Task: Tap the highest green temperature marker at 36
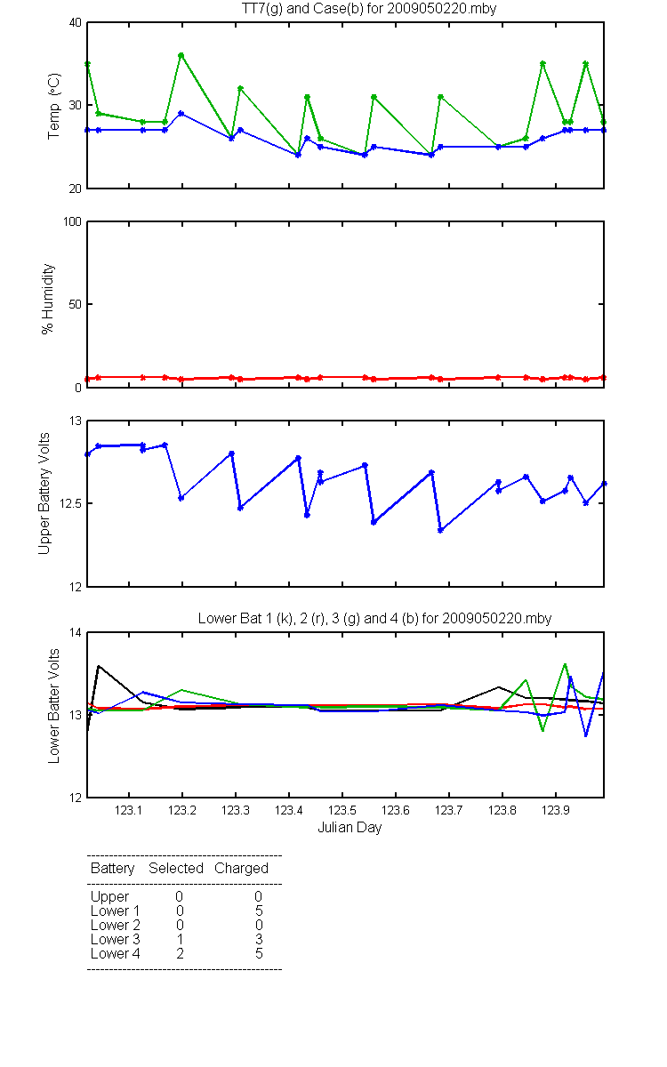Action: [181, 55]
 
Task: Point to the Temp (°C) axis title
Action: [54, 106]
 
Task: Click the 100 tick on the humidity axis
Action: [72, 221]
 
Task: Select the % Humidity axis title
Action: [48, 299]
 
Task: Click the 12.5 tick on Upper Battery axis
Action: [70, 503]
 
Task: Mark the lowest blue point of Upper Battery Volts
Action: [441, 530]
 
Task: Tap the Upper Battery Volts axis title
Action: [44, 493]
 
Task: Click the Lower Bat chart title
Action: [374, 618]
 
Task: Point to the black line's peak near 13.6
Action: [99, 666]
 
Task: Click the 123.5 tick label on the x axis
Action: [342, 810]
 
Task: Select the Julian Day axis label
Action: [350, 828]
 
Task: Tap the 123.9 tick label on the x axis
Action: [556, 810]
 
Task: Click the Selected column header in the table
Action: [176, 868]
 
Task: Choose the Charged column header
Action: [242, 869]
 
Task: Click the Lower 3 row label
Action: [116, 939]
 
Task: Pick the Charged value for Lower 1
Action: [259, 911]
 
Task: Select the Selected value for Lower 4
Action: [180, 953]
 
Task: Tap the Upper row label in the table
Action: [109, 897]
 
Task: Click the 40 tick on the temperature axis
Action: [76, 22]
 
